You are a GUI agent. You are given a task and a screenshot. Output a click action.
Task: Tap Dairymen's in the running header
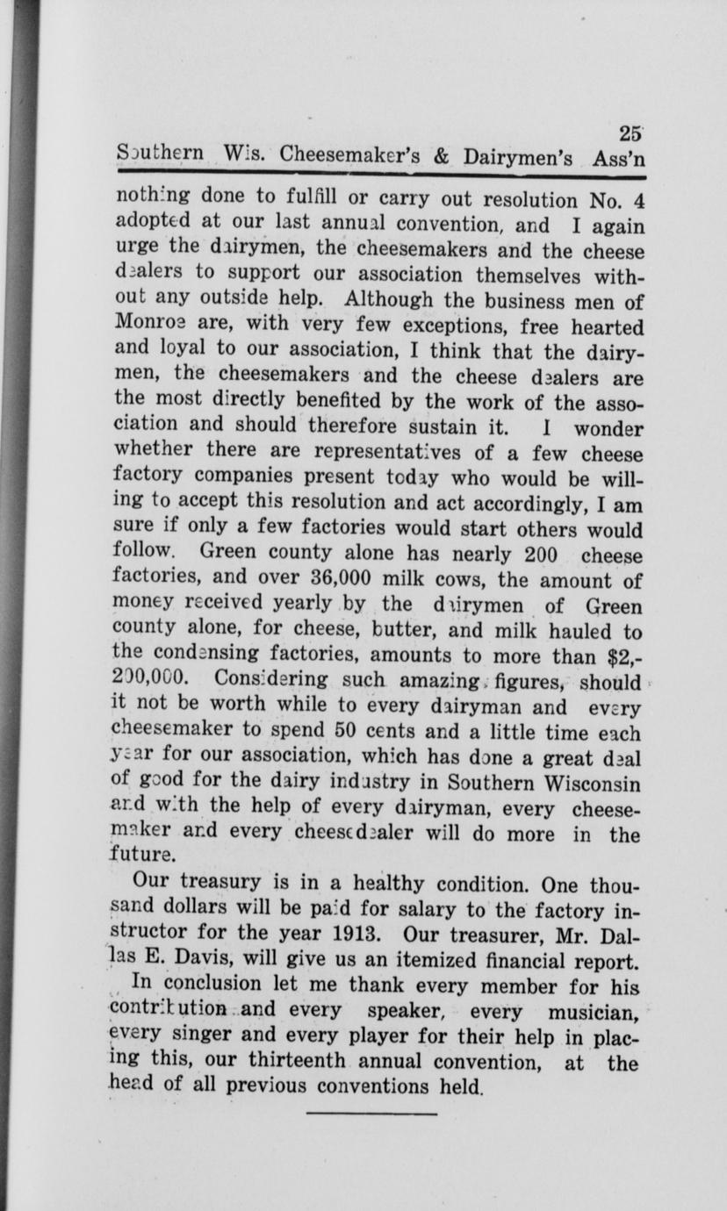(518, 158)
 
